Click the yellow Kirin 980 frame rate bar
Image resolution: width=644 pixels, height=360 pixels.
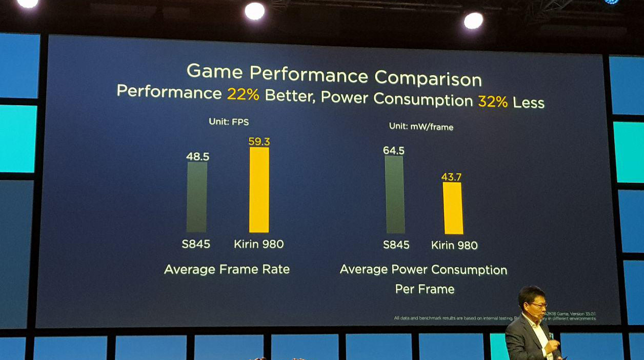259,190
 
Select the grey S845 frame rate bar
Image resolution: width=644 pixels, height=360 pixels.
197,197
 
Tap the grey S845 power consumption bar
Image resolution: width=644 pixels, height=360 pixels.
395,195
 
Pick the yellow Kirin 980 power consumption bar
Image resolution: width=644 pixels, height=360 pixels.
453,208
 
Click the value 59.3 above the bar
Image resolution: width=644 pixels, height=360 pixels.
259,142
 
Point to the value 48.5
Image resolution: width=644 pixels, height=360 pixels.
198,156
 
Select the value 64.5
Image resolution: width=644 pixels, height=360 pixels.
394,150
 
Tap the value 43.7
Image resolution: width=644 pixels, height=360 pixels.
452,177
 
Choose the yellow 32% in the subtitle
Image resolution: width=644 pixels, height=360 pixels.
493,101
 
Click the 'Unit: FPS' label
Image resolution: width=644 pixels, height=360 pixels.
229,122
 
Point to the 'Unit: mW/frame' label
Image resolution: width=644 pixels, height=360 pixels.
421,126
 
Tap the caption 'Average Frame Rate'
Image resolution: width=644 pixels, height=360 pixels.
227,269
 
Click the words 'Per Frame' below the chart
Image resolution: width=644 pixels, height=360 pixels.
425,289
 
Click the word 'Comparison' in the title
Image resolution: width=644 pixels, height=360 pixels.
428,78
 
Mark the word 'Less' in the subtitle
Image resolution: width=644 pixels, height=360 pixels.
528,103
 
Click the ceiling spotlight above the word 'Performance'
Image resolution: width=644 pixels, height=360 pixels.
255,11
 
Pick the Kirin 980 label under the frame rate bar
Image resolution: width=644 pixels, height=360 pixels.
258,244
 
